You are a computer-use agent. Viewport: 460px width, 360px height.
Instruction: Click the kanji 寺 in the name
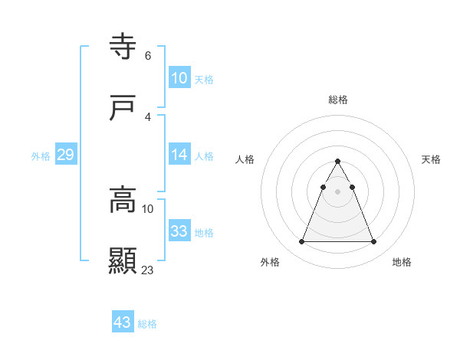[x=123, y=47]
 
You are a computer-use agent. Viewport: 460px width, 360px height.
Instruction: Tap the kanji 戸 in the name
[x=123, y=109]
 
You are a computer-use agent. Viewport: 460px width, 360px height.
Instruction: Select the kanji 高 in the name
[x=123, y=200]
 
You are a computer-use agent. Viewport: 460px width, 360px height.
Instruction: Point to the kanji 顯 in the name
[x=123, y=261]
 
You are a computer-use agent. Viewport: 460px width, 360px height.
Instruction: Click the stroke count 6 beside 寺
[x=147, y=55]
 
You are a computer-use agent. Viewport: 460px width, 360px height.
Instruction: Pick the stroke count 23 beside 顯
[x=148, y=270]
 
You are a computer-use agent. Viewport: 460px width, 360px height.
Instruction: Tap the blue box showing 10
[x=179, y=78]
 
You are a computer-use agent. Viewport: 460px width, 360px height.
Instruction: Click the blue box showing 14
[x=179, y=155]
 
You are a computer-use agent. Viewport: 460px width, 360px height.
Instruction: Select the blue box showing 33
[x=179, y=231]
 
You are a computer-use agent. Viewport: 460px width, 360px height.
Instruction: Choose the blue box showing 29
[x=65, y=155]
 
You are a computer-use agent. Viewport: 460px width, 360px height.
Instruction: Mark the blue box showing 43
[x=122, y=322]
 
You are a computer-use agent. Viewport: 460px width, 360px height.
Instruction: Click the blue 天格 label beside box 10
[x=204, y=79]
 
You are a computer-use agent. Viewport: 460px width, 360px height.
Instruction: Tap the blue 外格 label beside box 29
[x=41, y=155]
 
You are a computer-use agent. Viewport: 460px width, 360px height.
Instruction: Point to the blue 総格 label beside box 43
[x=147, y=324]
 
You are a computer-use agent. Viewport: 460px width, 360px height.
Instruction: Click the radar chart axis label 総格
[x=338, y=100]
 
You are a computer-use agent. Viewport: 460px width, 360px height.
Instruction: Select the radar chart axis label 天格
[x=432, y=159]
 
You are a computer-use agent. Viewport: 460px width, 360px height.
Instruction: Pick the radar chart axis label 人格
[x=245, y=159]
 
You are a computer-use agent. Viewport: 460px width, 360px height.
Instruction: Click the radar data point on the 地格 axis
[x=373, y=242]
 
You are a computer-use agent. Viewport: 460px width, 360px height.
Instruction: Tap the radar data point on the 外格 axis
[x=301, y=242]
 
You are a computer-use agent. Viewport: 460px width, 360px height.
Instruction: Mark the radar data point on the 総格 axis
[x=337, y=162]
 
